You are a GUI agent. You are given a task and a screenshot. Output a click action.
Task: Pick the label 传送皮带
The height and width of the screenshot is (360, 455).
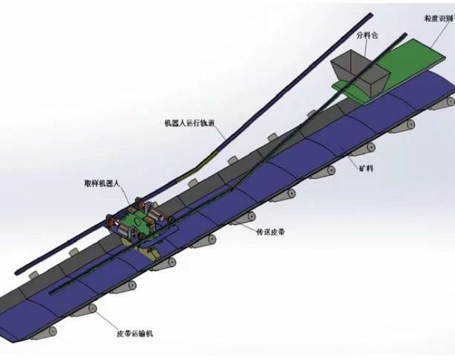coord(272,232)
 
